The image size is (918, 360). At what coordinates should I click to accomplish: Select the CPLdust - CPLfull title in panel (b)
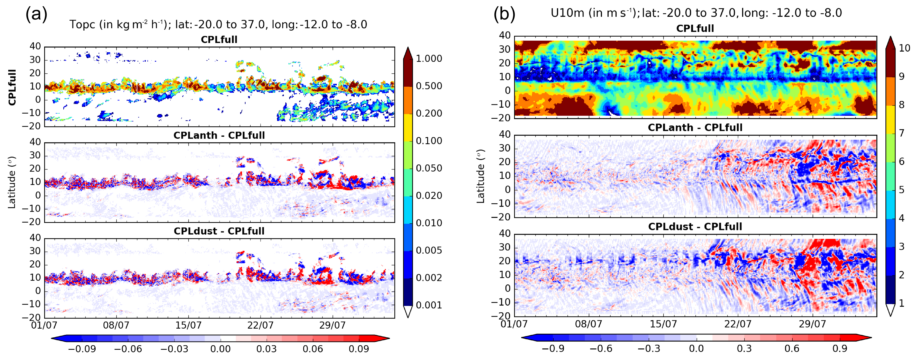(695, 227)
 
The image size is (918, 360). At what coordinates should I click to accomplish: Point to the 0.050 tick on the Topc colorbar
(429, 168)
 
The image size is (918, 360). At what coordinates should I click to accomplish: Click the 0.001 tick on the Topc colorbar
(429, 305)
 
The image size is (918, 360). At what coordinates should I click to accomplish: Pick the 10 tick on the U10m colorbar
(904, 48)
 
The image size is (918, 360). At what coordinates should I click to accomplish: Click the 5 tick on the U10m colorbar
(901, 190)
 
